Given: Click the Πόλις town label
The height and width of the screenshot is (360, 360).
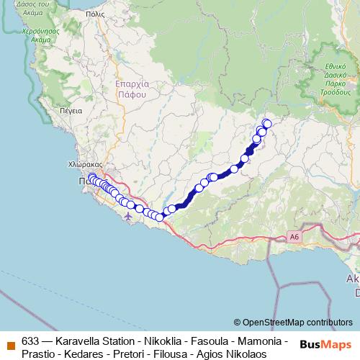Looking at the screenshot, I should pos(94,14).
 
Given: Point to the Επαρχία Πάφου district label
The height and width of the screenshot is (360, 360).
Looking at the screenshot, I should pos(131,89).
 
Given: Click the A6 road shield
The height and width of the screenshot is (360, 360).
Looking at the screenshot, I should pos(294,235).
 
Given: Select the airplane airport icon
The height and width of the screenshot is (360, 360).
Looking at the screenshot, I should pos(128,215).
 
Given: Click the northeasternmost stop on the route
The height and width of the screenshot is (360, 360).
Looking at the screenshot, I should pos(267,124).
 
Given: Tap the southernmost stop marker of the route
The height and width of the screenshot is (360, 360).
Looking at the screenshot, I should pos(159,217).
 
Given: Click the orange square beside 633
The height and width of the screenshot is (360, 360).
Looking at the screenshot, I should pos(9,342).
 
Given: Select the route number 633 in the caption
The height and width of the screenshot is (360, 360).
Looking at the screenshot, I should pos(30,341).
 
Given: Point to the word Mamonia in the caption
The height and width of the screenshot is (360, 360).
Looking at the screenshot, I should pos(261,341).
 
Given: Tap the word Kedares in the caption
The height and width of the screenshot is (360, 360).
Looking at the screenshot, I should pos(81,354).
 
